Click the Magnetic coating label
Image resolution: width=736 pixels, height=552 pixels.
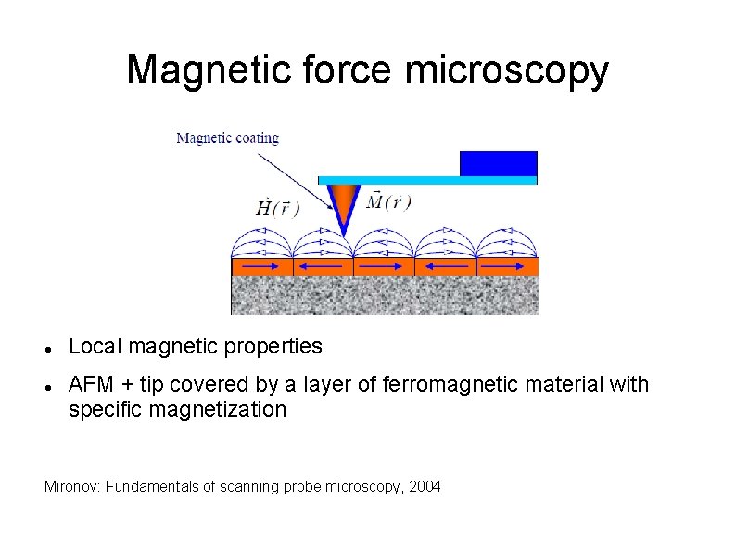click(227, 138)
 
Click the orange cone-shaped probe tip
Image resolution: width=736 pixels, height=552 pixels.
click(344, 204)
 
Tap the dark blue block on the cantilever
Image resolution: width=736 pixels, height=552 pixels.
click(499, 162)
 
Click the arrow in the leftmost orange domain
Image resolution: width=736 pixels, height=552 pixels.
click(261, 266)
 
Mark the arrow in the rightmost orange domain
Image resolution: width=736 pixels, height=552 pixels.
click(507, 266)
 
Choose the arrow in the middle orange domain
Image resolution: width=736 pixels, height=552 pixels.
click(384, 266)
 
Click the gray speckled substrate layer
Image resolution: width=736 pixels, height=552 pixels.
click(384, 296)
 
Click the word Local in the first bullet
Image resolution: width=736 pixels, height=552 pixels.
click(95, 347)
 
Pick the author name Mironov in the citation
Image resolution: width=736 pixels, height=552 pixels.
click(72, 486)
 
